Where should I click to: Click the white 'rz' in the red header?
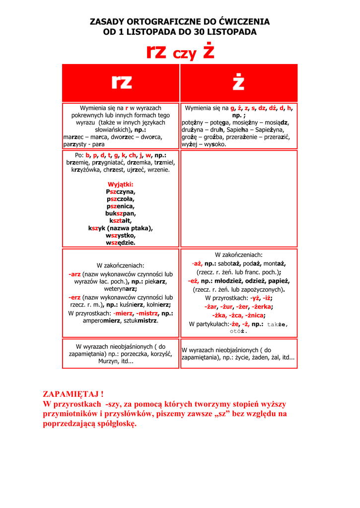pos(121,82)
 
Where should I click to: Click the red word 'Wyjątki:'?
pos(121,185)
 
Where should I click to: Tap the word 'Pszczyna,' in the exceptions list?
pos(121,191)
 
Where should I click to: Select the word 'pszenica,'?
pos(121,206)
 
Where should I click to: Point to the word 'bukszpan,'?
pos(121,213)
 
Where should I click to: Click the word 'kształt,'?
pos(121,221)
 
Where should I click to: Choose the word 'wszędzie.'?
pos(121,243)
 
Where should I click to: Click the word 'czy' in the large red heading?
pos(184,55)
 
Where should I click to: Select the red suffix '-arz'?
pos(74,274)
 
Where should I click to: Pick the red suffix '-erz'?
pos(74,297)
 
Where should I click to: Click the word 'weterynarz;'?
pos(121,289)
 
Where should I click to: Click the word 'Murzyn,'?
pos(108,361)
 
